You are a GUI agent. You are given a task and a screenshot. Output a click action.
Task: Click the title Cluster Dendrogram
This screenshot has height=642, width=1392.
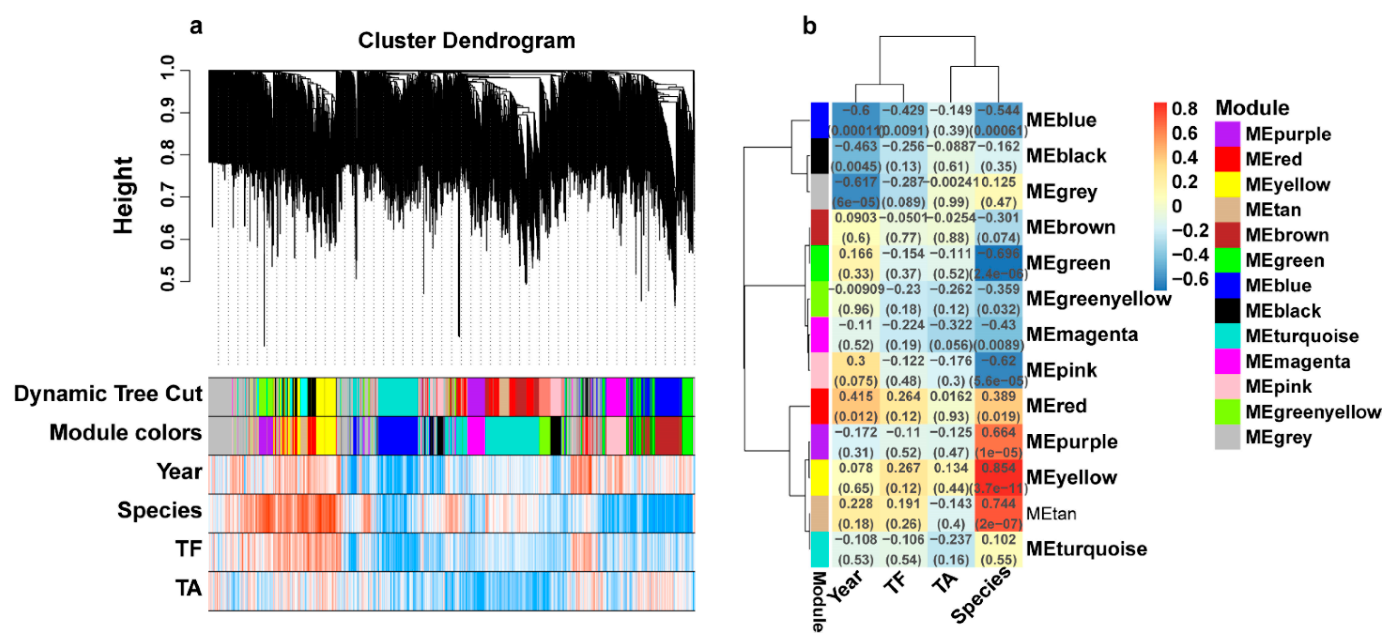coord(466,41)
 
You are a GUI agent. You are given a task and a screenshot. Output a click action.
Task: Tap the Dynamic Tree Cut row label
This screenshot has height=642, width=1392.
coord(108,394)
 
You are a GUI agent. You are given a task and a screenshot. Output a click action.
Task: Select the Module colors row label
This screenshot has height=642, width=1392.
coord(125,433)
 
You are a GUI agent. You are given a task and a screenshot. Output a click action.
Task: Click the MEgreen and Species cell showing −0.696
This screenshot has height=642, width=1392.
coord(999,263)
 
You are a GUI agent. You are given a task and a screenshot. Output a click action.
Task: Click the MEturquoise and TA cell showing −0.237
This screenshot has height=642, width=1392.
coord(951,549)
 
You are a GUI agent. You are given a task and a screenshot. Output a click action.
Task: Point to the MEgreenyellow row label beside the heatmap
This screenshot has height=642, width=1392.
coord(1098,299)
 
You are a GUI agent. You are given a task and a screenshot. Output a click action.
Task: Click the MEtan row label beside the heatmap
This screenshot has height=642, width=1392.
coord(1051,513)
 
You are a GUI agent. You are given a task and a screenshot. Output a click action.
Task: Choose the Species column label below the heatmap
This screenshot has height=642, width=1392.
coord(981,594)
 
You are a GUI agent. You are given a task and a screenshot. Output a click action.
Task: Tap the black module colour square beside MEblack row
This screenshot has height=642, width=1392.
coord(819,156)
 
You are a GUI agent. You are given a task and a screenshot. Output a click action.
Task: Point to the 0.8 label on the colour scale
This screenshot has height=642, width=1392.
coord(1185,109)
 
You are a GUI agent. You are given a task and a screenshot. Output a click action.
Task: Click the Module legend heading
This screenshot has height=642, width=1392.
coord(1252,108)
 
